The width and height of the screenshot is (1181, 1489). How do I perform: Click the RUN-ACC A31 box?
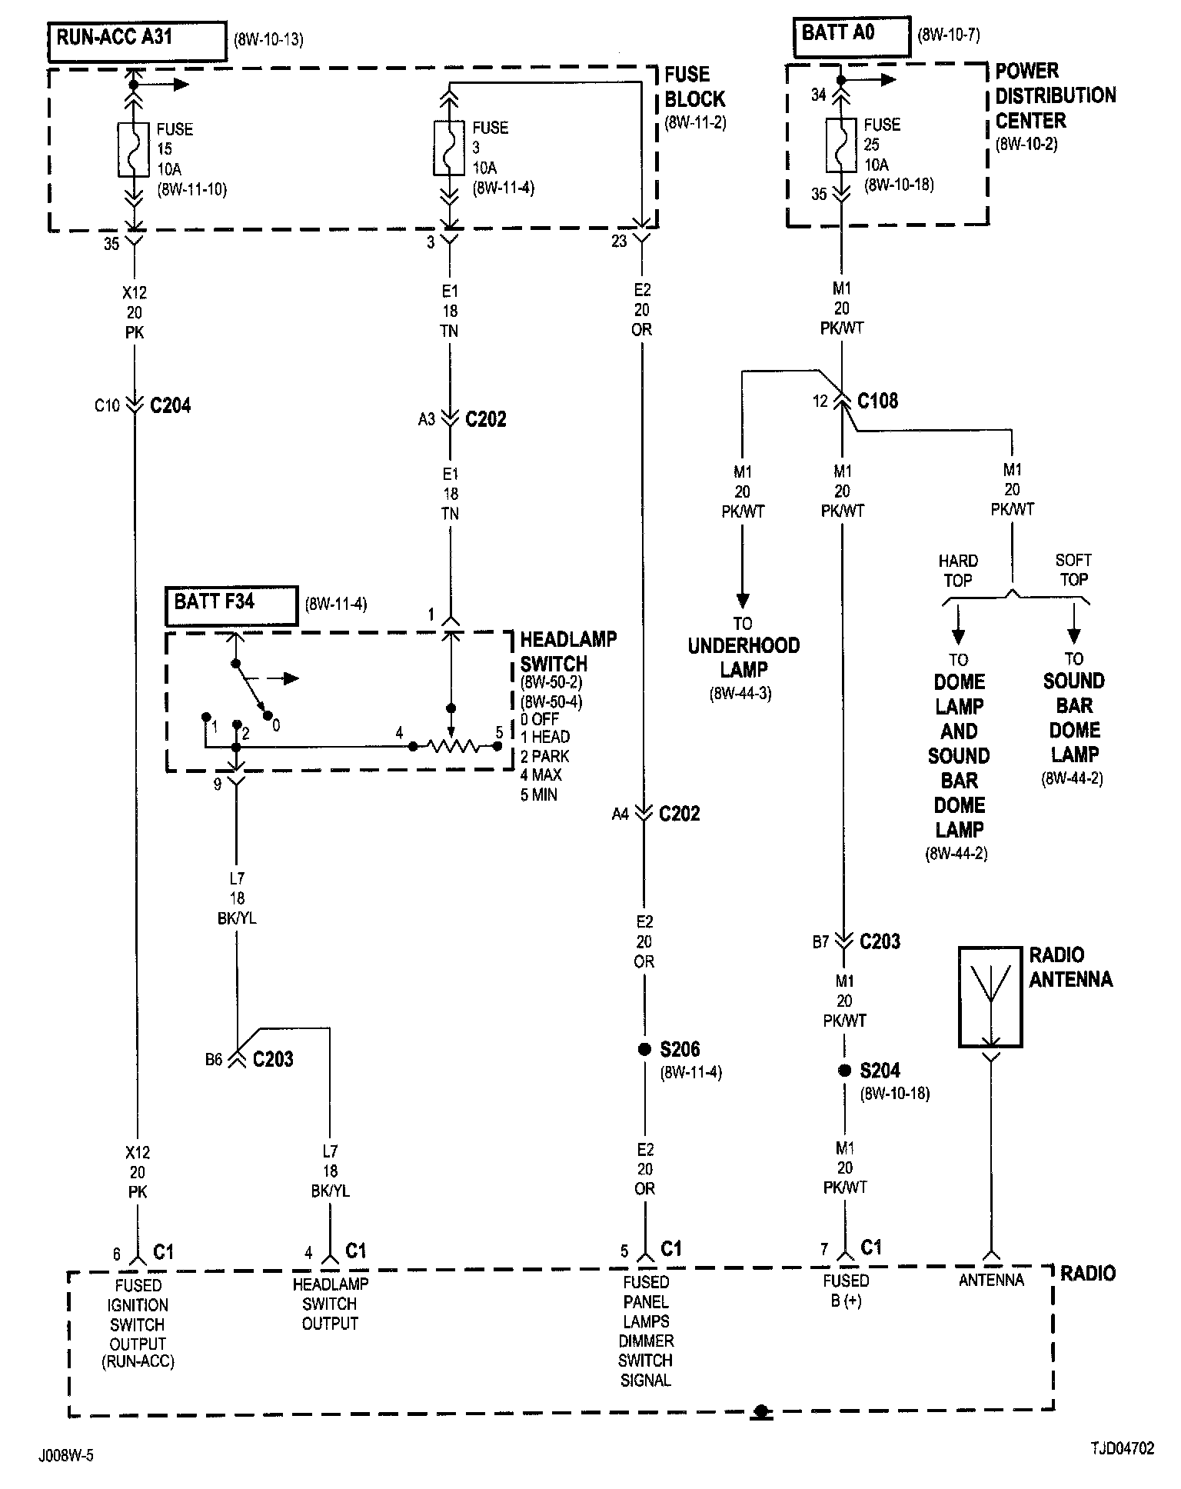click(138, 42)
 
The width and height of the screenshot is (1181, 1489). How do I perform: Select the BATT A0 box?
click(852, 36)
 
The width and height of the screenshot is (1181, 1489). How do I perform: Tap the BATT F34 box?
click(231, 606)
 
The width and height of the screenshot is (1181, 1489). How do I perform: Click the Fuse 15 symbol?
click(134, 149)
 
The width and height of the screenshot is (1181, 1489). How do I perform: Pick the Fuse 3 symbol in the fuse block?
click(450, 147)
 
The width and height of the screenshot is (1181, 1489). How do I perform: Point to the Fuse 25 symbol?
click(841, 145)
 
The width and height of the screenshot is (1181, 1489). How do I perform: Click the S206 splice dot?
click(644, 1050)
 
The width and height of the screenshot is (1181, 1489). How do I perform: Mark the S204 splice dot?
click(844, 1071)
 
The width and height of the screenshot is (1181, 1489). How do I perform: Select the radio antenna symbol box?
click(991, 997)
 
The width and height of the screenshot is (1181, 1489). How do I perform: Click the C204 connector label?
click(171, 405)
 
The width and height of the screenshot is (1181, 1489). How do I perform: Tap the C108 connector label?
click(877, 401)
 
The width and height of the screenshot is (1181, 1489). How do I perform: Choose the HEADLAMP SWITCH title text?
click(568, 651)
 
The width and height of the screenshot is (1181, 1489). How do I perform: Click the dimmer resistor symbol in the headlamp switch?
click(455, 746)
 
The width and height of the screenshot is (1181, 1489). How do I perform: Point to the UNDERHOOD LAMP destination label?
click(744, 658)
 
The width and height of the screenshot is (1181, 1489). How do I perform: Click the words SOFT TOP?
click(1073, 570)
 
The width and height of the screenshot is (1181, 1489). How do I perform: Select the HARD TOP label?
click(958, 571)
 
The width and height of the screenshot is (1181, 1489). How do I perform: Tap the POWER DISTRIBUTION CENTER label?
click(1056, 96)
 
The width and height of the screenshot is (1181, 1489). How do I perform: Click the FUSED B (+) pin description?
click(846, 1291)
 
